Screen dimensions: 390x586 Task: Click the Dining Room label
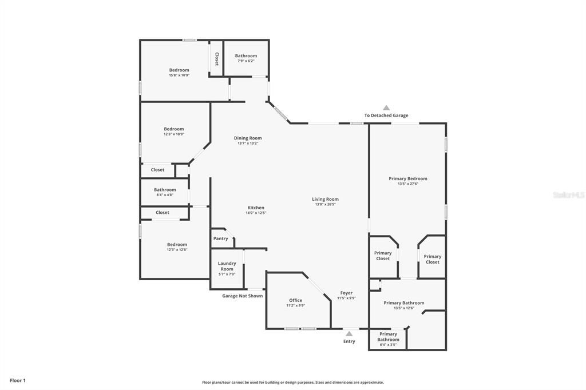[x=248, y=138]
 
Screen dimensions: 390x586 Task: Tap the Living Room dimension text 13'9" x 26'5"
[x=325, y=204]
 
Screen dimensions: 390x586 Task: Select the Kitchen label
[x=256, y=208]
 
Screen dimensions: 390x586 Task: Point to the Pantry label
[x=220, y=238]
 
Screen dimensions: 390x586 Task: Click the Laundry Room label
[x=227, y=266]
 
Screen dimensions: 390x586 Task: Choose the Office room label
[x=295, y=300]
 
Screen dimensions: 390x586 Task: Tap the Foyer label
[x=346, y=293]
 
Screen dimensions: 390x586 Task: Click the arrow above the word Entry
[x=349, y=333]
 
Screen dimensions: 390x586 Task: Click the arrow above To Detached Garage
[x=386, y=108]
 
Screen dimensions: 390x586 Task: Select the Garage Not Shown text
[x=243, y=296]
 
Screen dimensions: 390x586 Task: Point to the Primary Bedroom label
[x=407, y=178]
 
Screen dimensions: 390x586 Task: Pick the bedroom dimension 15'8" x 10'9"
[x=179, y=75]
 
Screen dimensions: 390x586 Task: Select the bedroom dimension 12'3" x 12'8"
[x=177, y=249]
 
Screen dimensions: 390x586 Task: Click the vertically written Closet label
[x=216, y=59]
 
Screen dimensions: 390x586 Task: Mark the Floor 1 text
[x=18, y=380]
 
